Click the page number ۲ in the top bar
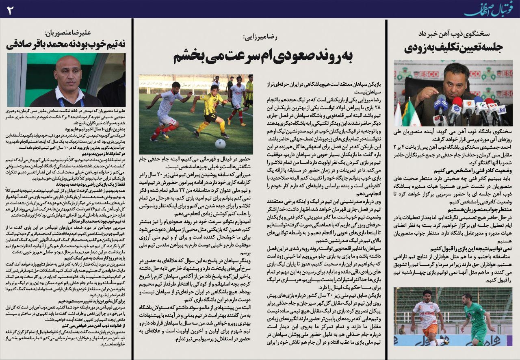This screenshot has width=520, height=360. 10,9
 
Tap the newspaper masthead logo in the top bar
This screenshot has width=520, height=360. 490,9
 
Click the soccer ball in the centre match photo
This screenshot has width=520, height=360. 220,143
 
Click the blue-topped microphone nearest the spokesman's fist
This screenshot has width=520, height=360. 441,102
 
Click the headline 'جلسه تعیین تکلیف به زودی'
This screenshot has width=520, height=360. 453,47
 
